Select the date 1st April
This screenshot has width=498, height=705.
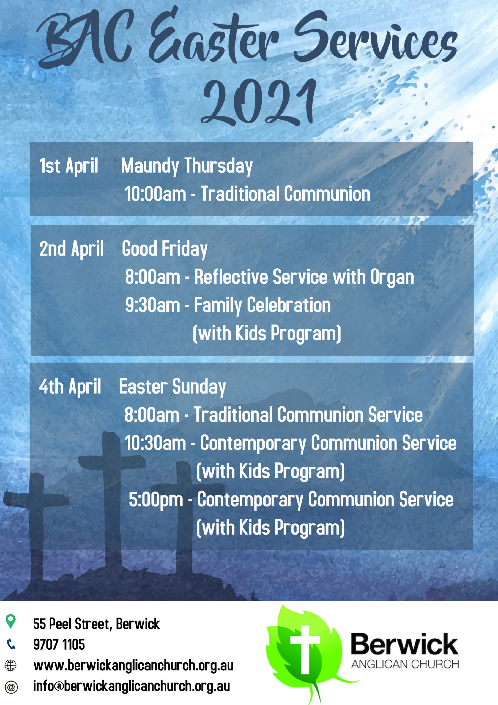coord(69,166)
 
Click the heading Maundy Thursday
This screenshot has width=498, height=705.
coord(187,166)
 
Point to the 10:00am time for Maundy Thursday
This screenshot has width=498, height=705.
coord(155,194)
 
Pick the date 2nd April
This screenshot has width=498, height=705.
coord(72,249)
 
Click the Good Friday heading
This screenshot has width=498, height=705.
coord(165,249)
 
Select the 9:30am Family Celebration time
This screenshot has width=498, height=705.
coord(152,305)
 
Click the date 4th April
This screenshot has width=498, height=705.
coord(70,387)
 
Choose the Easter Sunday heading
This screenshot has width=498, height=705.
coord(173,387)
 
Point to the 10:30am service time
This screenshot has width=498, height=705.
coord(155,443)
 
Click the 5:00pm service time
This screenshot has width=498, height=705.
coord(156,500)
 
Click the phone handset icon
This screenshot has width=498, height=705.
coord(11,644)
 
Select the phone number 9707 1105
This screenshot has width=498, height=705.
coord(59,644)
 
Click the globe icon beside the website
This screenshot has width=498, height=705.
coord(10,665)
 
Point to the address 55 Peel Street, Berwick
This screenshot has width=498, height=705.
coord(96,624)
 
